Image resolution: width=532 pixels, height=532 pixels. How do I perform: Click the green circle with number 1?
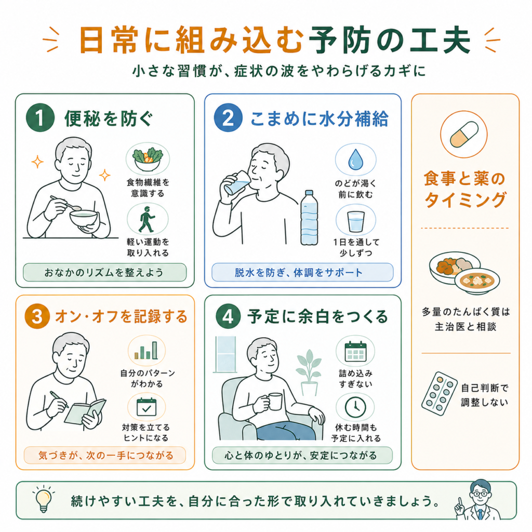pyautogui.click(x=40, y=117)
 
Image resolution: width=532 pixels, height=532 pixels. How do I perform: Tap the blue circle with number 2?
pyautogui.click(x=228, y=117)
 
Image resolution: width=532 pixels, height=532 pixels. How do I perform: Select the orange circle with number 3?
pyautogui.click(x=37, y=316)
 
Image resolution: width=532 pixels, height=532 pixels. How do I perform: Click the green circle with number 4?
pyautogui.click(x=228, y=316)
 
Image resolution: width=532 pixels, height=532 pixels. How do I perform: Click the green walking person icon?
pyautogui.click(x=147, y=219)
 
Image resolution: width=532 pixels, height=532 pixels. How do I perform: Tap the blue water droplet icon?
pyautogui.click(x=355, y=159)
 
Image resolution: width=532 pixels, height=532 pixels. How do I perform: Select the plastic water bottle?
pyautogui.click(x=309, y=218)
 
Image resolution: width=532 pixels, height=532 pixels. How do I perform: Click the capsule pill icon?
pyautogui.click(x=464, y=134)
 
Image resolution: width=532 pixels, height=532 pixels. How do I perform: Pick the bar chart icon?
pyautogui.click(x=146, y=350)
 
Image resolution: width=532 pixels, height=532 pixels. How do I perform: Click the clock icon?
pyautogui.click(x=355, y=407)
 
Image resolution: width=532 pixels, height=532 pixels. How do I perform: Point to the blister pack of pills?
pyautogui.click(x=439, y=394)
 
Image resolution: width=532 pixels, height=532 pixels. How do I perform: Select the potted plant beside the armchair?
pyautogui.click(x=309, y=373)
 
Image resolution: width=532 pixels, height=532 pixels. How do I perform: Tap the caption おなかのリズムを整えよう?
pyautogui.click(x=104, y=272)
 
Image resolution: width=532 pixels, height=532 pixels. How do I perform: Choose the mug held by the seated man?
pyautogui.click(x=274, y=402)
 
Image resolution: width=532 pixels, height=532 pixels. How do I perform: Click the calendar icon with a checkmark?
pyautogui.click(x=146, y=407)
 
